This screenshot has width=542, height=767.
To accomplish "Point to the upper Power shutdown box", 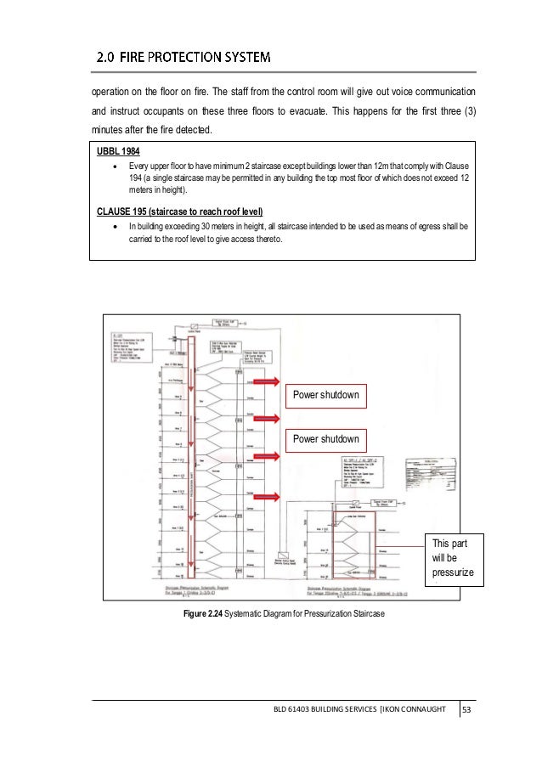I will click(326, 395).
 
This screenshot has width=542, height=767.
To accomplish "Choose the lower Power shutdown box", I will click(326, 439).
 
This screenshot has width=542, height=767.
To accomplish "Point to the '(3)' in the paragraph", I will click(466, 112).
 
